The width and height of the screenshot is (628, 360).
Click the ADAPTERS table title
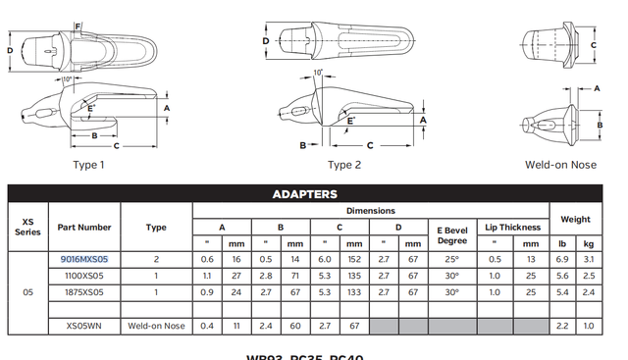304,194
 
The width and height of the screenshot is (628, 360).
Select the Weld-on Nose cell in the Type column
156,325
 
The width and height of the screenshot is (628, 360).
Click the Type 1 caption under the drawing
89,165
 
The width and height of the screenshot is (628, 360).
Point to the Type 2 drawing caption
344,165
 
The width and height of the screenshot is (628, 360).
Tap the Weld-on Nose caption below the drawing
560,165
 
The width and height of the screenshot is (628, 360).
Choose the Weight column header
574,219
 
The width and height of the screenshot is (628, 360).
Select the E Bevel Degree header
451,234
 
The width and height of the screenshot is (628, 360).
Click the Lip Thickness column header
513,227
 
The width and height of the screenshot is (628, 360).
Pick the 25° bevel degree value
451,260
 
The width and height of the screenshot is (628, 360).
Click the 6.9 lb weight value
562,260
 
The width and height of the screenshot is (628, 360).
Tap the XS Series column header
27,227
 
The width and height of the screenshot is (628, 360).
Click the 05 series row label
27,291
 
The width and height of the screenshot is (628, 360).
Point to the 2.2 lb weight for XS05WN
562,325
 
